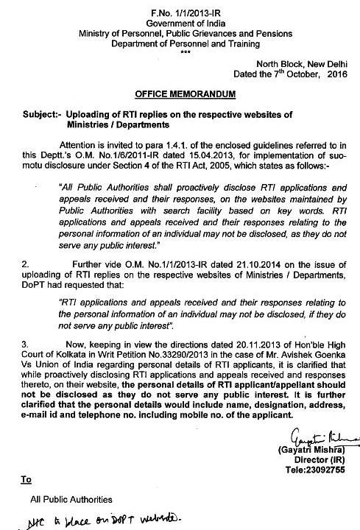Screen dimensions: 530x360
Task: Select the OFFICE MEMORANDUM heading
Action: point(180,96)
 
